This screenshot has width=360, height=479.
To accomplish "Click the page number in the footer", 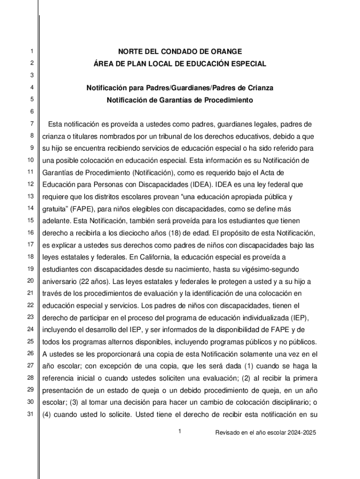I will [x=179, y=432].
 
